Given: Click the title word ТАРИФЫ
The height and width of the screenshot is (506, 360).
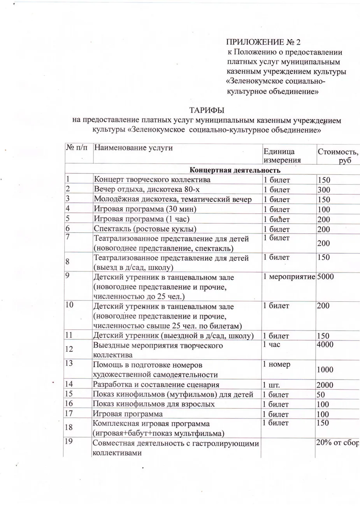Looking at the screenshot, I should (207, 111).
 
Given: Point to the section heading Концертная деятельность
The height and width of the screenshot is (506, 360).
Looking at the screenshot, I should (235, 170).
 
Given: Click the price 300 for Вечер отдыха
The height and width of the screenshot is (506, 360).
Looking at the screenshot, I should (324, 190).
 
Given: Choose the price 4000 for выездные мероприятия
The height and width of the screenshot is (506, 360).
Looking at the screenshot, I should (325, 344).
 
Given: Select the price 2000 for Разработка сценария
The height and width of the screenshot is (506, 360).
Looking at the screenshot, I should (325, 385).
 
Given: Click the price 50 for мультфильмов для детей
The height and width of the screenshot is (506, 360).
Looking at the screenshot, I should (321, 395).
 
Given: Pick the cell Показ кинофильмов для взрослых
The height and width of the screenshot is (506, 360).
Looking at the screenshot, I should (154, 404).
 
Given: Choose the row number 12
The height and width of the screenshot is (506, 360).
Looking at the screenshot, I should (69, 349).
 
